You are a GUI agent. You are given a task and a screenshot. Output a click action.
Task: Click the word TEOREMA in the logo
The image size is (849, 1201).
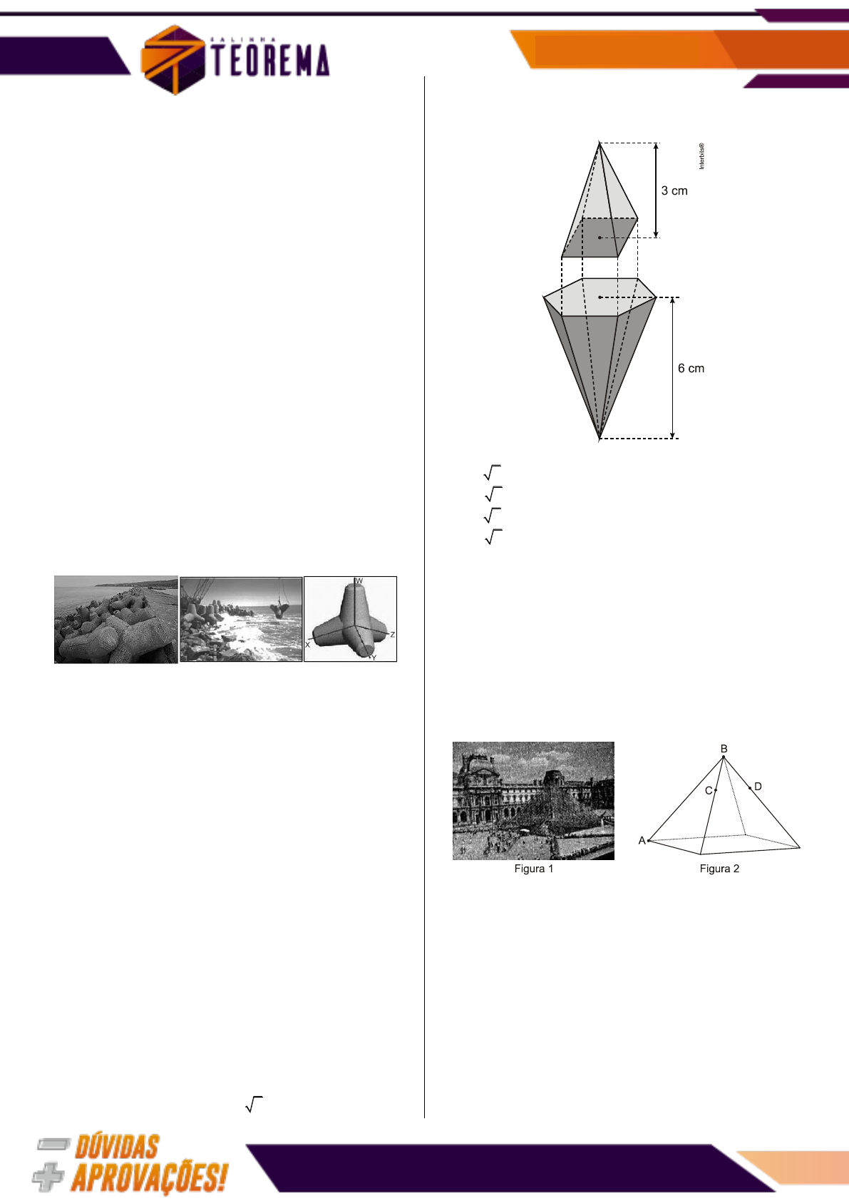pyautogui.click(x=271, y=60)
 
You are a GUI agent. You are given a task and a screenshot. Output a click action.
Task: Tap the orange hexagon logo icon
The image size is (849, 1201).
pyautogui.click(x=173, y=59)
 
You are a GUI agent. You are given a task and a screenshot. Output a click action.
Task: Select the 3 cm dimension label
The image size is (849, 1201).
pyautogui.click(x=674, y=191)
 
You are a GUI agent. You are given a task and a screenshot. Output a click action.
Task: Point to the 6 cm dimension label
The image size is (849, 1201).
pyautogui.click(x=691, y=368)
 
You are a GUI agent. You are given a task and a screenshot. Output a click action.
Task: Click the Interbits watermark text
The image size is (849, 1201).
pyautogui.click(x=701, y=156)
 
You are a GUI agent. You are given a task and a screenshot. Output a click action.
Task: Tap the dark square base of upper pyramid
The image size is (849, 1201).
pyautogui.click(x=600, y=237)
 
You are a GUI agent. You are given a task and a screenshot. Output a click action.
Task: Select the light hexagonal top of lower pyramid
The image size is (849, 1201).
pyautogui.click(x=600, y=297)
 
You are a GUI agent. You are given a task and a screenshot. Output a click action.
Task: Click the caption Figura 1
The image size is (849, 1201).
pyautogui.click(x=533, y=869)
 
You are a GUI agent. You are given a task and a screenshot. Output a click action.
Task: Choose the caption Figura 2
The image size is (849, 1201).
pyautogui.click(x=719, y=869)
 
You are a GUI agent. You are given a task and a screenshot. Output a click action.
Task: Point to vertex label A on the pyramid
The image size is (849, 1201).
pyautogui.click(x=642, y=841)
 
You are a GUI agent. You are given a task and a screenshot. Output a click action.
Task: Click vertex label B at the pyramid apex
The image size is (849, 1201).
pyautogui.click(x=724, y=748)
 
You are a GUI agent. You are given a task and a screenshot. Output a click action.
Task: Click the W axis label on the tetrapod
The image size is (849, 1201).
pyautogui.click(x=359, y=581)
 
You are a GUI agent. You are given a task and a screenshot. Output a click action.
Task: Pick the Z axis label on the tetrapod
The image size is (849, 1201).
pyautogui.click(x=392, y=635)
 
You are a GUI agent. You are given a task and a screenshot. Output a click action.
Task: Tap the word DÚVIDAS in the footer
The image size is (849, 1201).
pyautogui.click(x=117, y=1147)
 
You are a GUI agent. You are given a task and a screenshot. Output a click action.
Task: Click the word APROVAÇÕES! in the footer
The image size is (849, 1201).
pyautogui.click(x=150, y=1178)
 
